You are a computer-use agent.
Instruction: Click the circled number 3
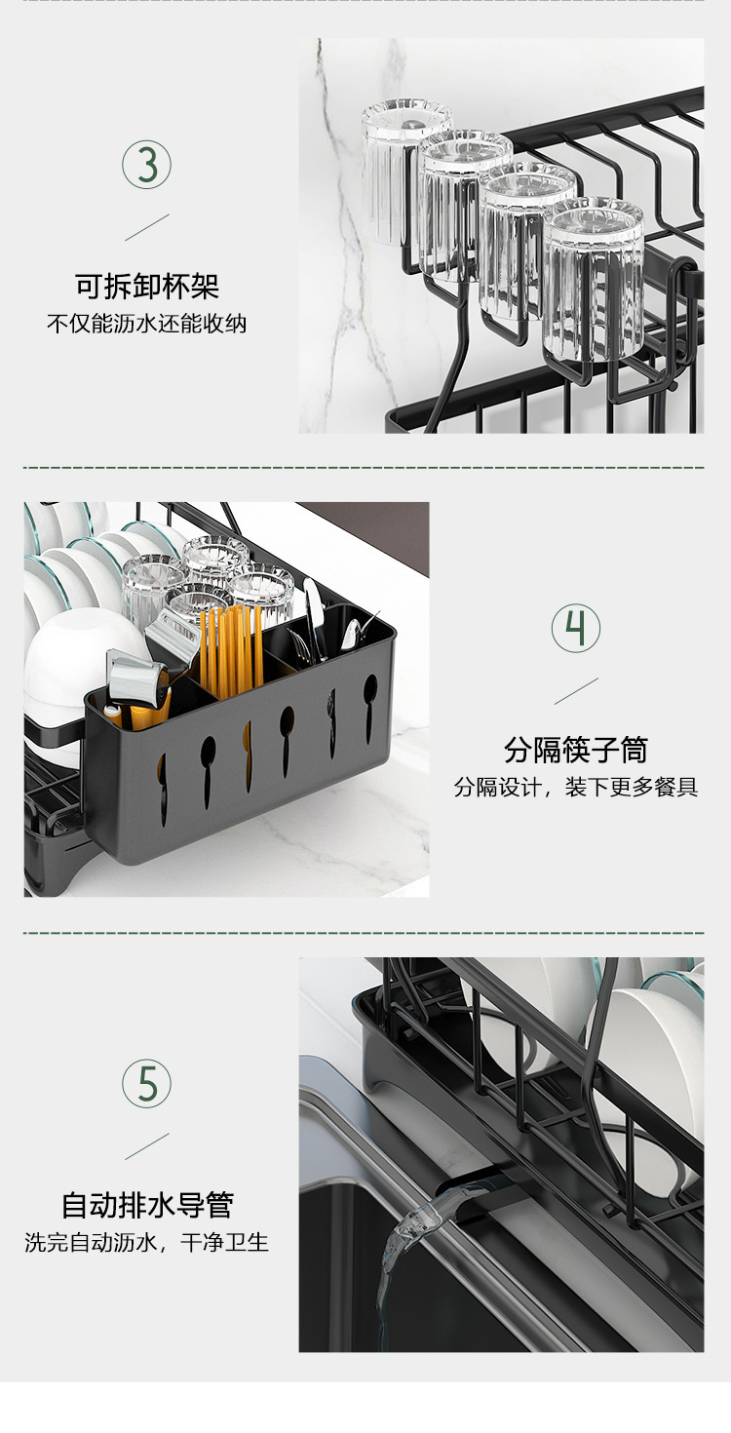tap(146, 166)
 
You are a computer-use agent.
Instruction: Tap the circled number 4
tap(576, 629)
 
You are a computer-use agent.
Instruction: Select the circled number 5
tap(146, 1083)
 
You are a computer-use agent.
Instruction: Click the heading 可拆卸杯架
tap(147, 287)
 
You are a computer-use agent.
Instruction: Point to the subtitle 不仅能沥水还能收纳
tap(147, 324)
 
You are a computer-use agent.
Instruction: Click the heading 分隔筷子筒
tap(576, 750)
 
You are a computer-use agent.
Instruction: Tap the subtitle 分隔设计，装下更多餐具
tap(576, 788)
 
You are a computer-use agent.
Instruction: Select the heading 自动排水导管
tap(147, 1205)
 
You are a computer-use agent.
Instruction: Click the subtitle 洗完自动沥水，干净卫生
tap(147, 1243)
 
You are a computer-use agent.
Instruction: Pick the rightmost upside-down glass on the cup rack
tap(593, 278)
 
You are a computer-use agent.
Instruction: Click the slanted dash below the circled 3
tap(146, 227)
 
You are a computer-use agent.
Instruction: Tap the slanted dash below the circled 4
tap(576, 690)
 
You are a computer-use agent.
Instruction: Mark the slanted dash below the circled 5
tap(146, 1146)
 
